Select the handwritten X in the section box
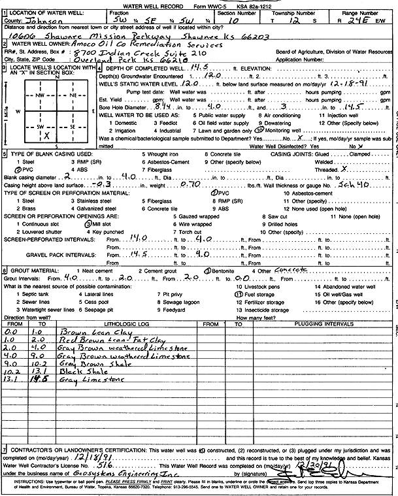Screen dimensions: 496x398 (x=47, y=135)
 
